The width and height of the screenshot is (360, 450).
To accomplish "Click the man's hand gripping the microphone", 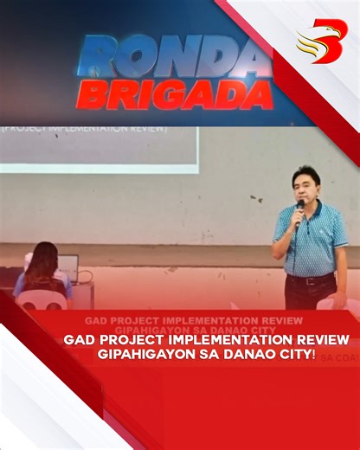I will coord(297,221).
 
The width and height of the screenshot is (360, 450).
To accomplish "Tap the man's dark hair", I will coord(306,171).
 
